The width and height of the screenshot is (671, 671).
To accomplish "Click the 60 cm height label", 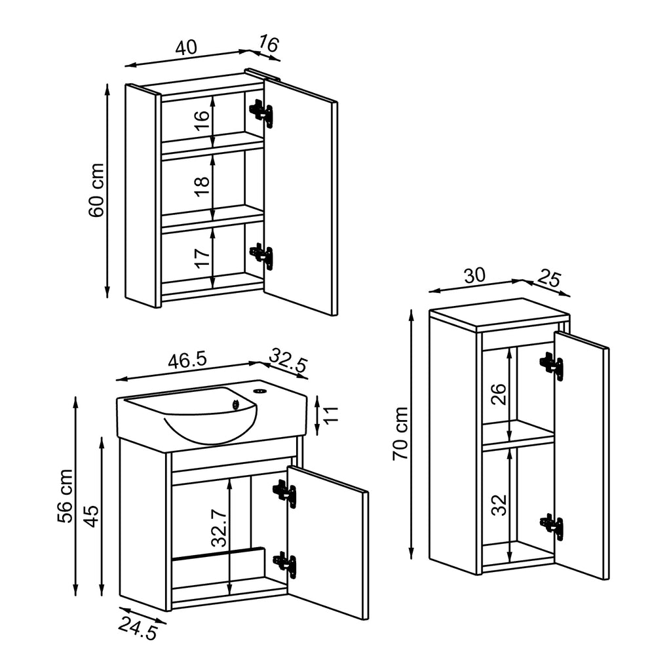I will click(96, 190).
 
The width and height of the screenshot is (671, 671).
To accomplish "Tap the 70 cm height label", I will click(400, 433).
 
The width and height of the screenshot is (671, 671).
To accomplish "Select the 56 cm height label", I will click(66, 496).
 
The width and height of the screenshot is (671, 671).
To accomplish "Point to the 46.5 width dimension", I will click(187, 360).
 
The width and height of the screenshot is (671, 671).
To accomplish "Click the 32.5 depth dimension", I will click(289, 362).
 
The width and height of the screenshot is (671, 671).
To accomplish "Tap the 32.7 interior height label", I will click(220, 522).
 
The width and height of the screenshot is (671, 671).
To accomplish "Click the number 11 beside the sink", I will click(331, 413).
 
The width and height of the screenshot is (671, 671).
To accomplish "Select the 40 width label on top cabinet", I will click(186, 47).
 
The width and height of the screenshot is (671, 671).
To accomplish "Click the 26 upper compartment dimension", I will click(499, 393).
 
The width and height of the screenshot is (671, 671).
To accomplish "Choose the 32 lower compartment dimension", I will click(499, 505).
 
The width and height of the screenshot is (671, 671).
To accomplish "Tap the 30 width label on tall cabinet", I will click(474, 275).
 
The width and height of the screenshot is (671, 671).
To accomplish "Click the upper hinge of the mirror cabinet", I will click(262, 113).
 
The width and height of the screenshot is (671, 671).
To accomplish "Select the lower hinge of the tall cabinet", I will click(552, 526).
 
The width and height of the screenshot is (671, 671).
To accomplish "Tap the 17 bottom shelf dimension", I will click(202, 256).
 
